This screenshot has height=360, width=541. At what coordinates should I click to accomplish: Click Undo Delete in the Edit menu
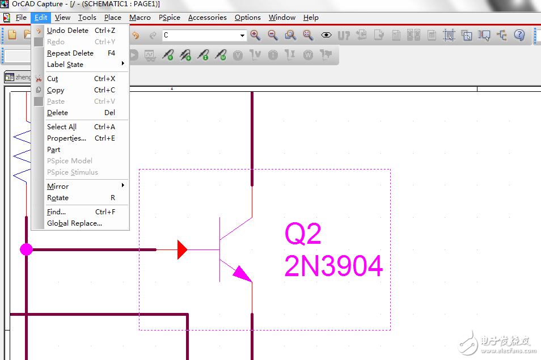tap(67, 31)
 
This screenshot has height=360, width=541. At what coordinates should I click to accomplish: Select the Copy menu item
tap(56, 90)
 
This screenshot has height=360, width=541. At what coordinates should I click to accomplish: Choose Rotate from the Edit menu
tap(58, 198)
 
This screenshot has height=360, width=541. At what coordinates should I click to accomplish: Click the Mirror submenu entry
tap(58, 186)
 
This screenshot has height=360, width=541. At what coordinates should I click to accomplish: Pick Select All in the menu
tap(62, 127)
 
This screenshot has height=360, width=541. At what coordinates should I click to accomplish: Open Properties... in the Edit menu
tap(66, 138)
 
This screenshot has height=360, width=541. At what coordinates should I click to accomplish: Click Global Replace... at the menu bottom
tap(74, 223)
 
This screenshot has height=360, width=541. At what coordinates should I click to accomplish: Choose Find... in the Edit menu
tap(56, 211)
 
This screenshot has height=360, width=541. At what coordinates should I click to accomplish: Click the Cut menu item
tap(52, 79)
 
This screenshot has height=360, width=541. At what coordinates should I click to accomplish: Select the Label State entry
tap(65, 65)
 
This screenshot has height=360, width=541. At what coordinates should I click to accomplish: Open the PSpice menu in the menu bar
tap(170, 18)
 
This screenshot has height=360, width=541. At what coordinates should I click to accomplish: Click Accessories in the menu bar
tap(208, 18)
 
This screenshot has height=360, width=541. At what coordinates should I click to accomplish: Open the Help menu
tap(311, 18)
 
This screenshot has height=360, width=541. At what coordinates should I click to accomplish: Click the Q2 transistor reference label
tap(303, 234)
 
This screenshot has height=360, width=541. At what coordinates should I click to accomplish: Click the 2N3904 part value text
tap(333, 266)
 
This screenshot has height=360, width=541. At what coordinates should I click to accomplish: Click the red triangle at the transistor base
tap(182, 249)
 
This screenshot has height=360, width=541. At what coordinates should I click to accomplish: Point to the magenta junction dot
tap(26, 249)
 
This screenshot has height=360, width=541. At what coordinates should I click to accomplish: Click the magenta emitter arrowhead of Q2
tap(243, 274)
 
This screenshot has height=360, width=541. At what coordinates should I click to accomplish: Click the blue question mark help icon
tap(519, 35)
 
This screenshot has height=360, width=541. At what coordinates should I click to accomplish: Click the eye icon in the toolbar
tap(326, 35)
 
